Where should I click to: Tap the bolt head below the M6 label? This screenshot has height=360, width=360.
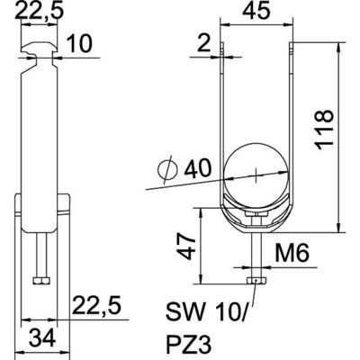256,283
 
